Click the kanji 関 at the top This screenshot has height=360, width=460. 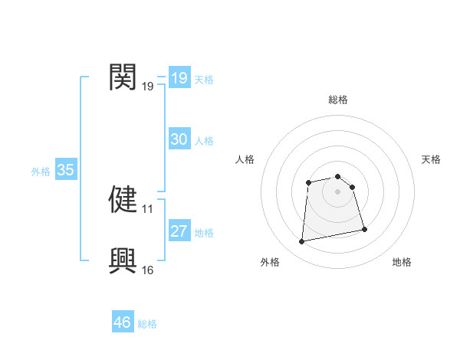point(123,77)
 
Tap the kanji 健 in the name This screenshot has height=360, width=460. point(123,199)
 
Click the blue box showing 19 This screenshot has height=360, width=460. point(179,78)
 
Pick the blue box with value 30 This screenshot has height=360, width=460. point(179,139)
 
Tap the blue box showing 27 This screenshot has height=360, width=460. point(179,231)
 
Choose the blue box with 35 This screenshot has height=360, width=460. point(65,170)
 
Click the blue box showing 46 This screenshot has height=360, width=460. point(123,322)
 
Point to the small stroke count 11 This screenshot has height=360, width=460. point(148,208)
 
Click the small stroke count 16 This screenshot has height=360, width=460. point(148,270)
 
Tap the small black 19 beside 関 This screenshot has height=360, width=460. point(148,87)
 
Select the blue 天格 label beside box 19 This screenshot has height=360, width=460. point(204,79)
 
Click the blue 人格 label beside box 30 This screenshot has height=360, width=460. point(204,141)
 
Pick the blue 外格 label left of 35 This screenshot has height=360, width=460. point(41,172)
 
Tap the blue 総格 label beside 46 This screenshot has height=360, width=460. point(147,324)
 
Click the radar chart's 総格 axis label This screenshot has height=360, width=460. point(337,100)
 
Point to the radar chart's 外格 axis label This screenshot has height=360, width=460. point(270,262)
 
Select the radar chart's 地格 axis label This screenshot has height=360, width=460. point(402,262)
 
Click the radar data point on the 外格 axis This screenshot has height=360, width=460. point(302,242)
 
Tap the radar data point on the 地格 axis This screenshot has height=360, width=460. point(364,229)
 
